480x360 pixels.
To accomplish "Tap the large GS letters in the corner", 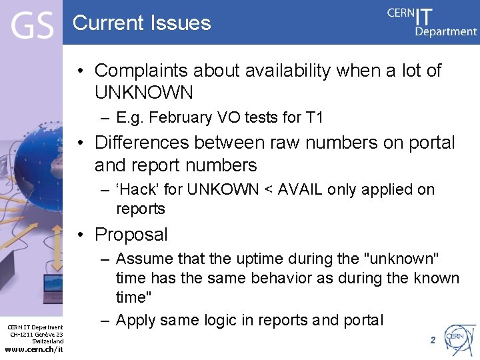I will [31, 27].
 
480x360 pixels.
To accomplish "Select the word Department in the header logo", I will [446, 31].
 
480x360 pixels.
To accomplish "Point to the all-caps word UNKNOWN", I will [143, 92].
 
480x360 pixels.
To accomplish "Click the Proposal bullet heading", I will [131, 235].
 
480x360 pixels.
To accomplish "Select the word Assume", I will [145, 259].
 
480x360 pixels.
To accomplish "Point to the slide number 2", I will [432, 340].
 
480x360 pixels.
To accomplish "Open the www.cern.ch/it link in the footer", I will [34, 349].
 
